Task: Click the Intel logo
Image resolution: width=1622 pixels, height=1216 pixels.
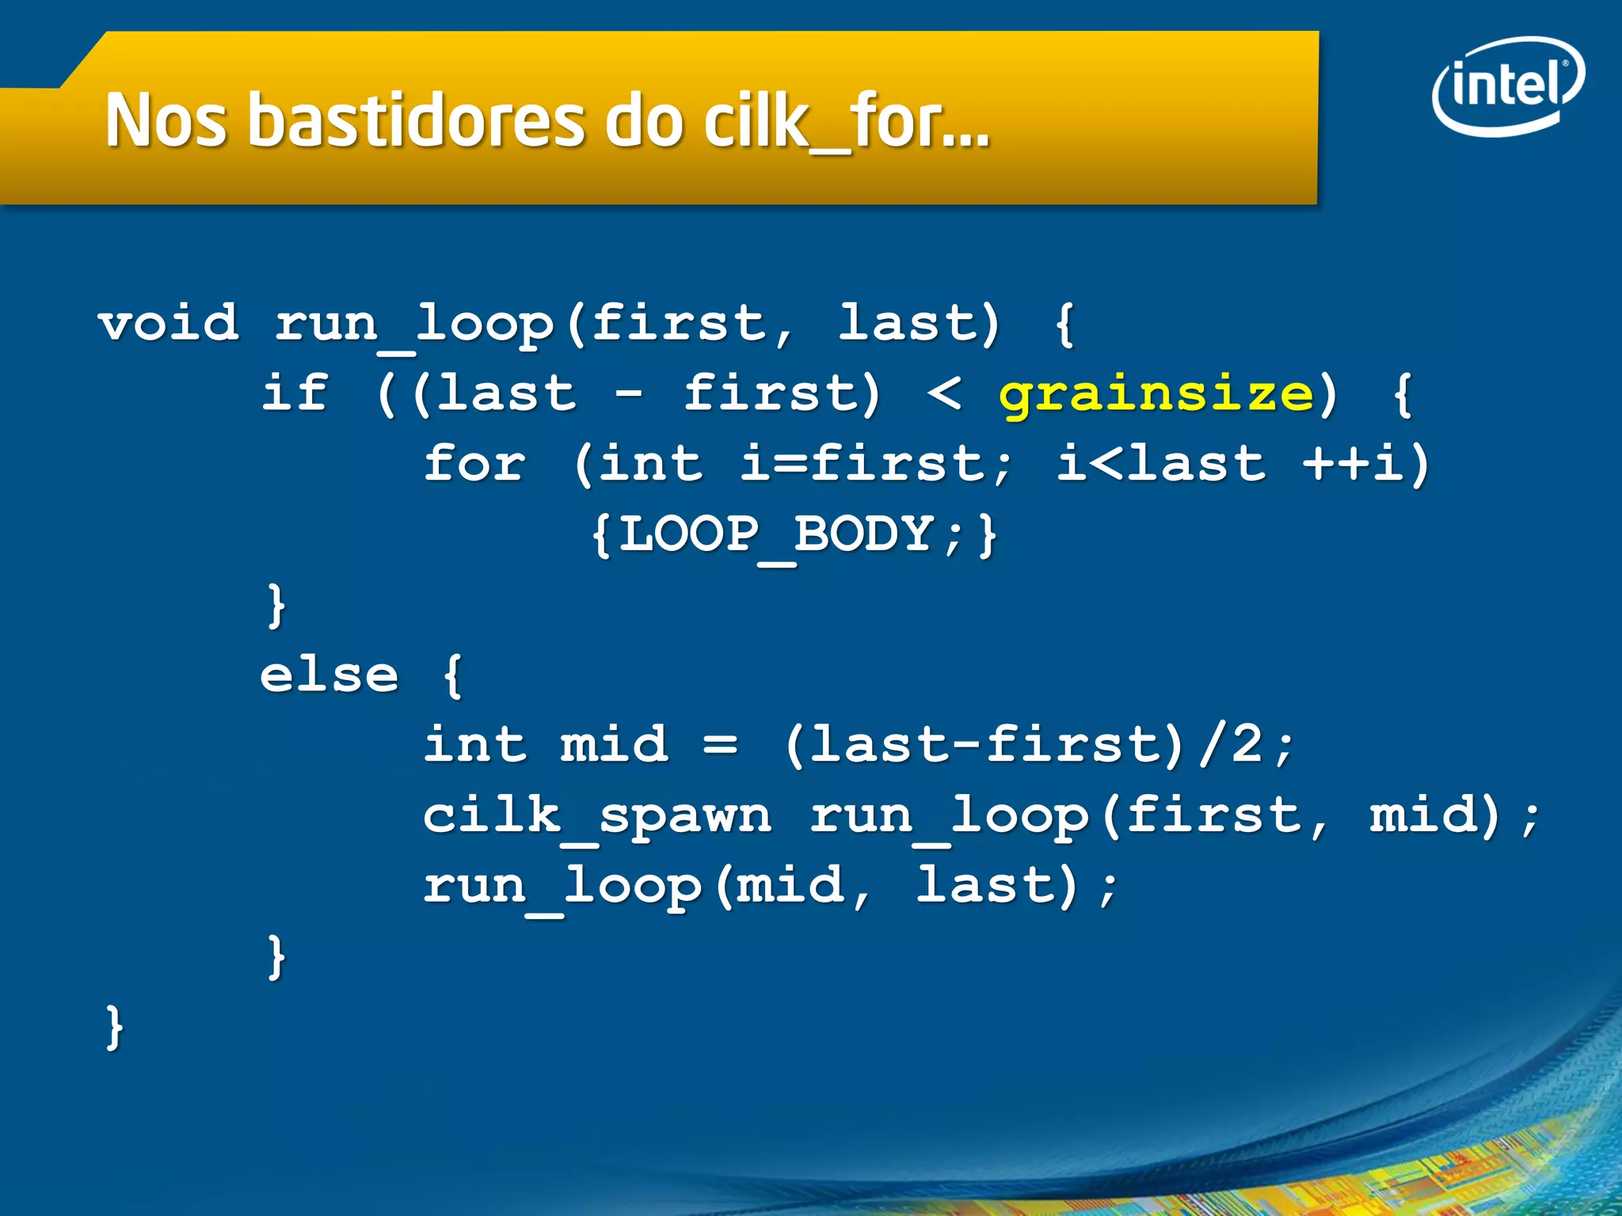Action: click(1507, 85)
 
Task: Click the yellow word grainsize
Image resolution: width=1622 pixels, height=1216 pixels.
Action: click(1156, 393)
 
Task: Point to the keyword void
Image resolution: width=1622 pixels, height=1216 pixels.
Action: click(169, 324)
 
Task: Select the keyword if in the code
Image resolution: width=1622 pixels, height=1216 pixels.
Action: click(295, 393)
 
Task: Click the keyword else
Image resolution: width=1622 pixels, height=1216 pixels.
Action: click(329, 675)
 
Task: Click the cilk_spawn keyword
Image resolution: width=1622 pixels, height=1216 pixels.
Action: click(597, 816)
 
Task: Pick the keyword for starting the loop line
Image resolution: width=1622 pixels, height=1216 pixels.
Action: click(474, 464)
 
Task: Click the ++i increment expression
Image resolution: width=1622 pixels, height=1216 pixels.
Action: click(1354, 464)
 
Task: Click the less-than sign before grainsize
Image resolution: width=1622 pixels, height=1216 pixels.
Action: click(945, 393)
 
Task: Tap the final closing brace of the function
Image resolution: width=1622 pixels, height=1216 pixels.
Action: click(115, 1027)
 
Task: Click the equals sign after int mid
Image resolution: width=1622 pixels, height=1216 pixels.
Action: click(720, 745)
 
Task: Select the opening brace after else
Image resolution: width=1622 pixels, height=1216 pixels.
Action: click(452, 675)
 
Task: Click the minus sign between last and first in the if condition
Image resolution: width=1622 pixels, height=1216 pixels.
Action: click(629, 393)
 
